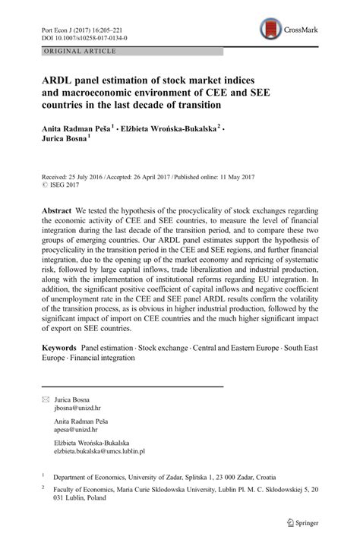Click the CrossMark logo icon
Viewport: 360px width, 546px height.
[270, 30]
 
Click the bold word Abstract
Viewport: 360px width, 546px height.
[58, 210]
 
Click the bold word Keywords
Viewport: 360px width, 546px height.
[60, 346]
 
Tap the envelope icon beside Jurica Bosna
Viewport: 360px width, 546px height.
[46, 399]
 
